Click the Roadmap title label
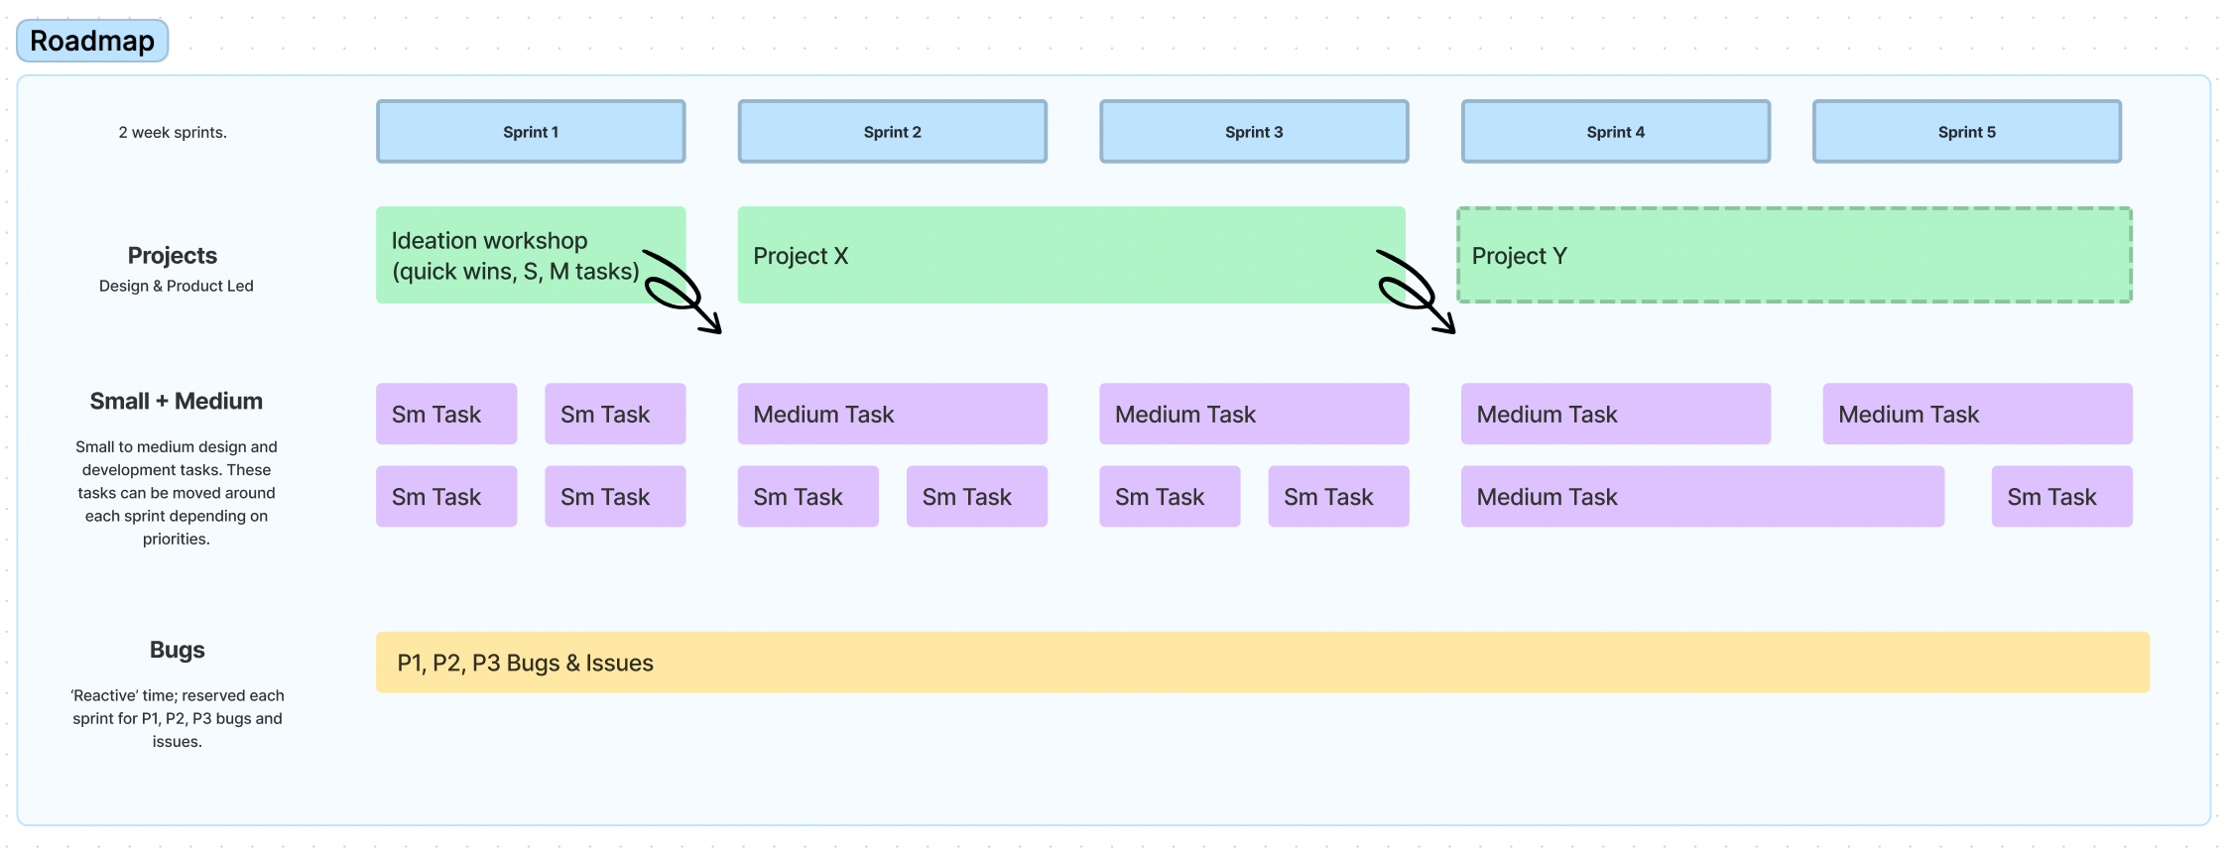point(92,41)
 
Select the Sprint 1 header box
point(531,132)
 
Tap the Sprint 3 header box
point(1254,132)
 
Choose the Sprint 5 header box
point(1966,132)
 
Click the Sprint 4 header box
point(1615,132)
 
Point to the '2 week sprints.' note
point(173,132)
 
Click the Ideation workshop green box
point(516,255)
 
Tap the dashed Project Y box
point(1794,255)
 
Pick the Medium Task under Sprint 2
point(892,414)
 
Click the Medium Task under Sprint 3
point(1254,414)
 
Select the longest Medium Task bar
point(1702,496)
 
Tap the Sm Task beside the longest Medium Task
point(2061,496)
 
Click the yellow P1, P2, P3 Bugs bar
point(1262,663)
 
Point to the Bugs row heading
point(177,650)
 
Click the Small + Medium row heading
point(177,401)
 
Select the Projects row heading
point(173,255)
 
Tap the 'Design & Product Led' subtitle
point(177,286)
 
